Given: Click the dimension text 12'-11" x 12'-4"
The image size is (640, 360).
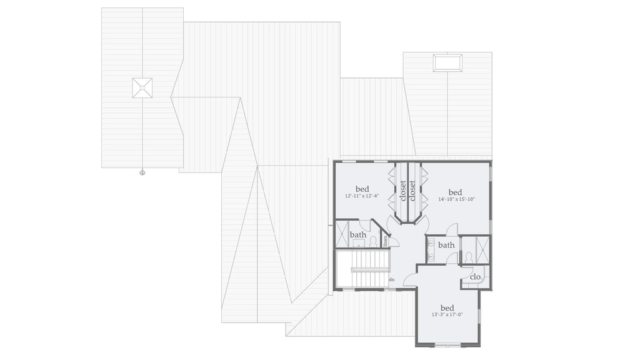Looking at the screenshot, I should click(362, 196).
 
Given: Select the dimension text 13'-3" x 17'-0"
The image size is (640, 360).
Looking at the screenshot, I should click(447, 315).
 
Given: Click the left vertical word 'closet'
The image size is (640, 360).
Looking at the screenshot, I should click(403, 191).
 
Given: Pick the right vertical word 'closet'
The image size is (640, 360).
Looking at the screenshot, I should click(412, 191).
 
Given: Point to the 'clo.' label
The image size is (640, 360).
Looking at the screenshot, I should click(476, 276).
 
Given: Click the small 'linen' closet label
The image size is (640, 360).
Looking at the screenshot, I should click(386, 240).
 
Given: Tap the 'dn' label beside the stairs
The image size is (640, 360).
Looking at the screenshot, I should click(391, 279).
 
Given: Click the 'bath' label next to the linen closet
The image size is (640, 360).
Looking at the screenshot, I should click(358, 235).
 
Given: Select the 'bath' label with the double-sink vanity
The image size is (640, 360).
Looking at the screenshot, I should click(446, 245).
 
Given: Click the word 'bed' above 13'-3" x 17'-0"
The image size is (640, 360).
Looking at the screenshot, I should click(447, 307).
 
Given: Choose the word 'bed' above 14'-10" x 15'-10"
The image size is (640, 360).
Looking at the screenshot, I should click(455, 192).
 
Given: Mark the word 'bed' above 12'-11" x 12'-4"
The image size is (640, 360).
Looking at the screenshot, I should click(362, 189).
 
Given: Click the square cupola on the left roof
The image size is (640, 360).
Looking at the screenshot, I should click(142, 87).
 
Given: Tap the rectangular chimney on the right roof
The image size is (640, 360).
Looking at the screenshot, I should click(447, 62).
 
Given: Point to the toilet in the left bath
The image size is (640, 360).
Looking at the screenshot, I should click(373, 241).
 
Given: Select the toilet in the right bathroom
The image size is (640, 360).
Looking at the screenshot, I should click(468, 257).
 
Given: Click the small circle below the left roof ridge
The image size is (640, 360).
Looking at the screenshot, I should click(142, 172).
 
